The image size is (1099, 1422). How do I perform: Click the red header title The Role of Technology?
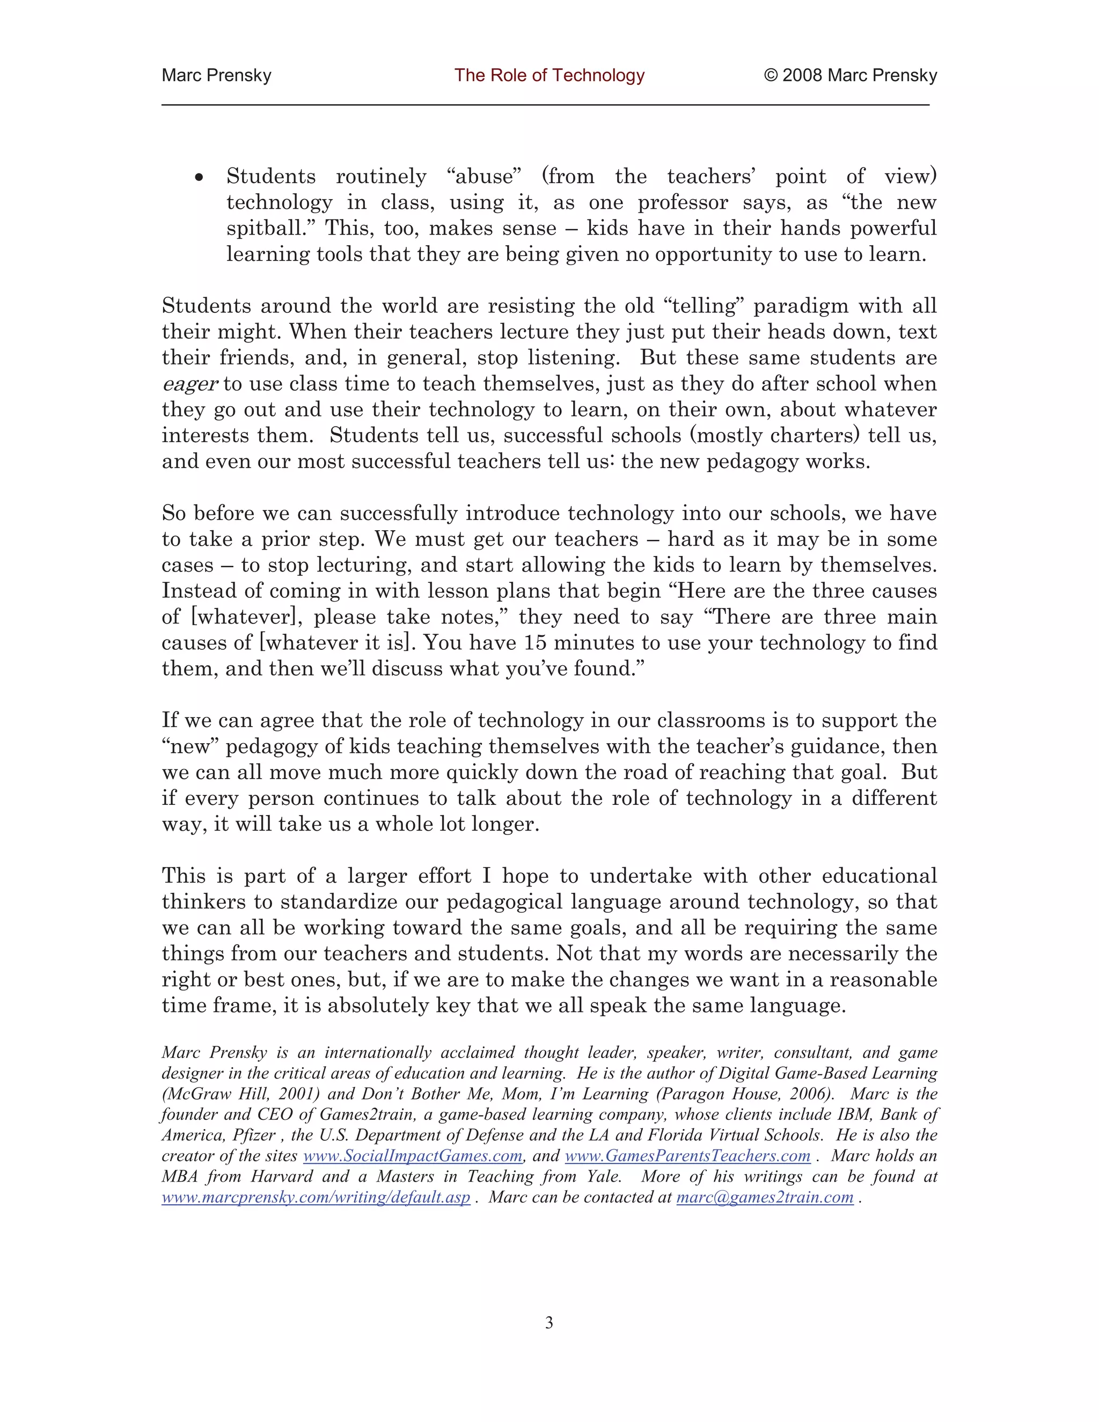[x=549, y=76]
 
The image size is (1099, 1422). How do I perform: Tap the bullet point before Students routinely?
[x=200, y=178]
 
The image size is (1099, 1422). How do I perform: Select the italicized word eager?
[x=189, y=385]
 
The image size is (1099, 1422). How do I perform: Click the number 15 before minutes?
[x=534, y=643]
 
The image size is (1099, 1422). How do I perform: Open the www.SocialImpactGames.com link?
[x=413, y=1156]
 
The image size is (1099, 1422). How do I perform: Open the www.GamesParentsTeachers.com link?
[x=687, y=1156]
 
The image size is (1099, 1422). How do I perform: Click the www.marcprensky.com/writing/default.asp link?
[x=316, y=1197]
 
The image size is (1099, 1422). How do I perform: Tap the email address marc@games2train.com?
[x=765, y=1197]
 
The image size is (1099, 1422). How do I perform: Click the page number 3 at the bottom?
[x=549, y=1322]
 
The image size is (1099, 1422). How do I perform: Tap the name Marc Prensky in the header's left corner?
[x=216, y=76]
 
